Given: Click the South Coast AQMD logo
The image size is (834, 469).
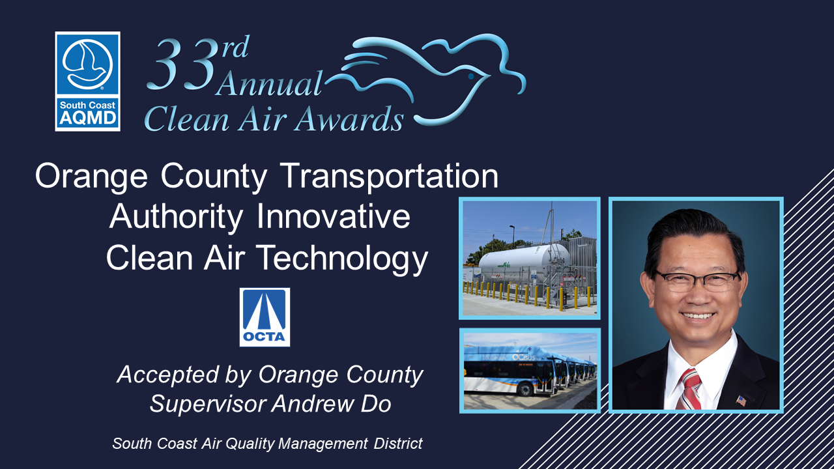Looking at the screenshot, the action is [87, 81].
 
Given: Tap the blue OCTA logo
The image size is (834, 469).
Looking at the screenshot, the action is [265, 317].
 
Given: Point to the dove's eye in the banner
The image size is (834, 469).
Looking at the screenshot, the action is [471, 76].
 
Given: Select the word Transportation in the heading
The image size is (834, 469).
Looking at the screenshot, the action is [389, 176].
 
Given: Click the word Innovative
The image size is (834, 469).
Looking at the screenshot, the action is [333, 217].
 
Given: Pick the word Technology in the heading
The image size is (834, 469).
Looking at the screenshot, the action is [342, 259].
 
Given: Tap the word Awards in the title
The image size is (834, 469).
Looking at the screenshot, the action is [349, 119].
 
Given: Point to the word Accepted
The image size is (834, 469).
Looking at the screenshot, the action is [167, 375].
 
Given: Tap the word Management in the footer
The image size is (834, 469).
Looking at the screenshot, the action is [323, 444].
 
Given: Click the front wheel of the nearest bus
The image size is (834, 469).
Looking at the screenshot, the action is [525, 390].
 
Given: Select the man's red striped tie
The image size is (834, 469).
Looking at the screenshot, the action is [689, 389].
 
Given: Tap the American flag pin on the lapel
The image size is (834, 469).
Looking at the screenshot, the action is [741, 401].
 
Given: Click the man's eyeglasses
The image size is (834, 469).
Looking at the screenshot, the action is [697, 281].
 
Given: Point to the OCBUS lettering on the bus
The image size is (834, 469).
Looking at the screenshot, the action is [523, 358].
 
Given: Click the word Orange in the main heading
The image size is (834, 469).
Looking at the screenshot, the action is [91, 177].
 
